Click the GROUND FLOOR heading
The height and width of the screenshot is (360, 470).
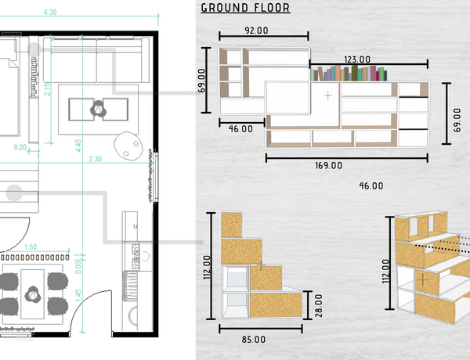pyautogui.click(x=245, y=8)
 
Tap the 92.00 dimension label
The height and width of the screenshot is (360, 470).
pyautogui.click(x=257, y=31)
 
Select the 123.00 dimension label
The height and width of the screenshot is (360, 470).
pyautogui.click(x=357, y=59)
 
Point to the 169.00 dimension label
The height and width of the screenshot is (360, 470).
pyautogui.click(x=328, y=166)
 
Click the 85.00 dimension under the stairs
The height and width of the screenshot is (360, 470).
pyautogui.click(x=254, y=340)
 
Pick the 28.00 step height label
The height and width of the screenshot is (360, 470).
pyautogui.click(x=319, y=305)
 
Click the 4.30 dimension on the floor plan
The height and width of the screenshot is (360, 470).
pyautogui.click(x=50, y=13)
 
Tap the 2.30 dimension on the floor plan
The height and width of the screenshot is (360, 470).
pyautogui.click(x=95, y=159)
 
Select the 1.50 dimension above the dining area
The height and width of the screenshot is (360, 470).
pyautogui.click(x=31, y=247)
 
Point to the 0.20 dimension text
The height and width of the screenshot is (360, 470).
pyautogui.click(x=20, y=147)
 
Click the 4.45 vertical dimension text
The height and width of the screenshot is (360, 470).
pyautogui.click(x=78, y=146)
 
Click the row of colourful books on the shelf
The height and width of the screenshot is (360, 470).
pyautogui.click(x=349, y=74)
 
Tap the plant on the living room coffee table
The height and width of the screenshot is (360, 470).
pyautogui.click(x=99, y=109)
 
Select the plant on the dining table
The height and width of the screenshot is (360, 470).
pyautogui.click(x=33, y=294)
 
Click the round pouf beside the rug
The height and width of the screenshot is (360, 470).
pyautogui.click(x=128, y=146)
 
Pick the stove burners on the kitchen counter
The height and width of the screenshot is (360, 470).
pyautogui.click(x=136, y=256)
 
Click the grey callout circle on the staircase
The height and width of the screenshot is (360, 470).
pyautogui.click(x=14, y=193)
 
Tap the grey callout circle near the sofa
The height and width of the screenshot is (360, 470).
pyautogui.click(x=34, y=50)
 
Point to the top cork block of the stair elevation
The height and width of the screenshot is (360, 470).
pyautogui.click(x=232, y=225)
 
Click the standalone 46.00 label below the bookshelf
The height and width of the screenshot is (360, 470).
pyautogui.click(x=371, y=186)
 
